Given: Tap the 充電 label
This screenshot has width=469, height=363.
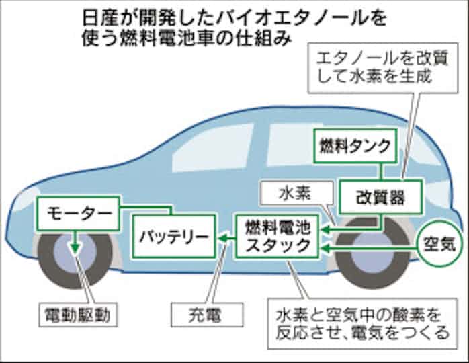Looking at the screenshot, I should point(206,313).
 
